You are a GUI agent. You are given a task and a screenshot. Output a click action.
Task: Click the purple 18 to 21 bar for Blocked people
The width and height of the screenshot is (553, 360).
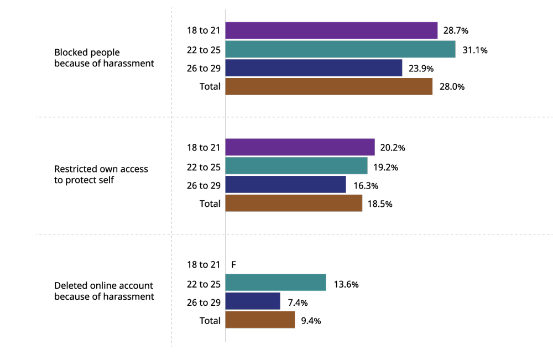coord(331,30)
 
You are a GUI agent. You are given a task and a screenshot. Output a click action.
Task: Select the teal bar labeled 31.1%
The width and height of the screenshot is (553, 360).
coord(340,49)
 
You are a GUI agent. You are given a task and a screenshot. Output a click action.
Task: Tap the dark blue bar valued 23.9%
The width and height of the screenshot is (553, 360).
coord(314,68)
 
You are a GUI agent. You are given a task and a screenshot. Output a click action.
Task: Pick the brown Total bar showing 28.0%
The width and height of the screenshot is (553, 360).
coord(328,86)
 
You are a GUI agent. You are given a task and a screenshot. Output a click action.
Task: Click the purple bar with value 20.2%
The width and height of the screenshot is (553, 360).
coord(300,147)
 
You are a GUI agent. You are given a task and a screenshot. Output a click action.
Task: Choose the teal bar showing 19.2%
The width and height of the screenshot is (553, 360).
coord(296,166)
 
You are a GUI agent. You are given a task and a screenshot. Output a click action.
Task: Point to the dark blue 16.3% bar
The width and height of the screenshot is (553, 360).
coord(285,184)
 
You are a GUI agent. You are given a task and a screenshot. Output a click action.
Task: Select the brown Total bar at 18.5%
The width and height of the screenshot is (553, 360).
coord(294,203)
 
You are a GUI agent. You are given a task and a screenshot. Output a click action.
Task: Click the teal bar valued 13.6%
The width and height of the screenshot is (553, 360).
coord(275,283)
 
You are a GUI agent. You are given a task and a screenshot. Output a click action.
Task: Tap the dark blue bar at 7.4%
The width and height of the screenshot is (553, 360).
coord(253,301)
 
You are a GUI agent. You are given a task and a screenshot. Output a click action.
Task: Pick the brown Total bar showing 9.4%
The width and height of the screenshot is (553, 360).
coord(260,320)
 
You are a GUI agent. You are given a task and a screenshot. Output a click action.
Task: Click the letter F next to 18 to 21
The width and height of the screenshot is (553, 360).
coord(233,265)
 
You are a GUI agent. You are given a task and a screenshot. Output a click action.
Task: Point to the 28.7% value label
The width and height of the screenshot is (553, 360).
coord(456,30)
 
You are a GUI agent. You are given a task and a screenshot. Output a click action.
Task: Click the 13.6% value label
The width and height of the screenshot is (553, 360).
coord(346,284)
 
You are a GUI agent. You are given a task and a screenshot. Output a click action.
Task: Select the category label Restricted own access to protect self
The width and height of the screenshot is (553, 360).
coord(101,174)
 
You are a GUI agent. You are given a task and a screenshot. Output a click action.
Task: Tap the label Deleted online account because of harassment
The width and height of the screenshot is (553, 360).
coord(104,291)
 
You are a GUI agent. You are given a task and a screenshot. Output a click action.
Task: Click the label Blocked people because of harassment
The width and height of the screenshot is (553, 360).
coord(104,58)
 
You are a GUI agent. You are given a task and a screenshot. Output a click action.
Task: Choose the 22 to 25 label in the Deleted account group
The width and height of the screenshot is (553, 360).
coord(204,284)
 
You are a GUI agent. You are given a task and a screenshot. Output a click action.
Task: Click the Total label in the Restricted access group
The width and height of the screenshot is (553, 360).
coord(210,204)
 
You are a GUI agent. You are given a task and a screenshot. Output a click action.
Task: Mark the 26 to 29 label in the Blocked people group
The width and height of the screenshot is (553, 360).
coord(204,69)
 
